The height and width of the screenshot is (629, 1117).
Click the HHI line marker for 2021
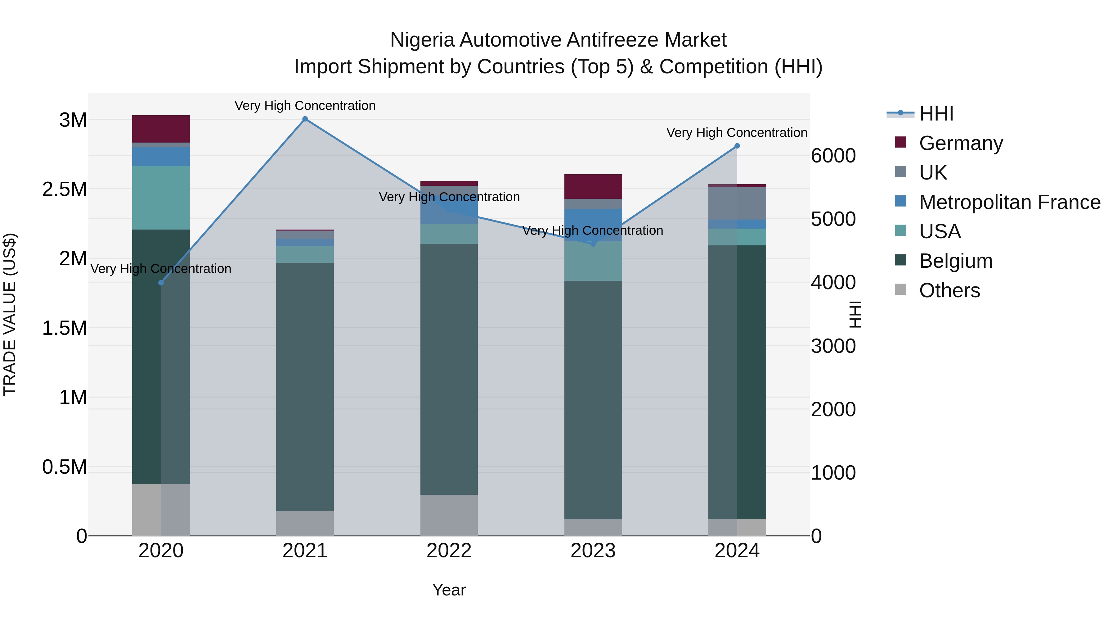pos(305,119)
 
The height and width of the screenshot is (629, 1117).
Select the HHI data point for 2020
pos(161,283)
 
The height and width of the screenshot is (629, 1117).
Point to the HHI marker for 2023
pos(593,244)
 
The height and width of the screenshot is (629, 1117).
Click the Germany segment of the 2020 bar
pos(161,129)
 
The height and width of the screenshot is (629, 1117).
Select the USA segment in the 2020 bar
pos(161,198)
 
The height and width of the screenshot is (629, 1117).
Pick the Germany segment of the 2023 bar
pos(593,187)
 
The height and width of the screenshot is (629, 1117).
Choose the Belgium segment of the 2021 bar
pos(305,386)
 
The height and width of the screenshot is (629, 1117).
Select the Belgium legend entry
pos(955,261)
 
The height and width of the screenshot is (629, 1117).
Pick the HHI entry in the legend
pos(936,114)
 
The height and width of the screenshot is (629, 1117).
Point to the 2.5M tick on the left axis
pos(64,189)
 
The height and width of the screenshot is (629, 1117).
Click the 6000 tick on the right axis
pos(833,156)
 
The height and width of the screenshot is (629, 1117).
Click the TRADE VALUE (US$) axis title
pos(10,314)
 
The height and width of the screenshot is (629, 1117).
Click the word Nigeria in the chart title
pos(422,40)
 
